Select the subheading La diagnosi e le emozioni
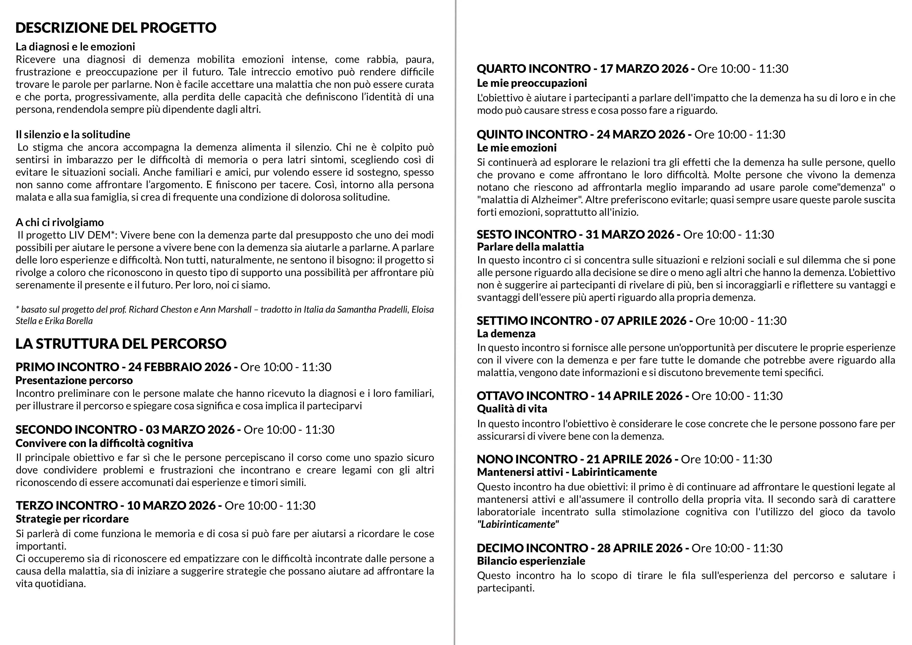click(75, 47)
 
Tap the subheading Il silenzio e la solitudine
click(73, 135)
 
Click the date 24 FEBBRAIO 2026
click(180, 367)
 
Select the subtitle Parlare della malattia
click(530, 247)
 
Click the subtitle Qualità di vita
click(512, 409)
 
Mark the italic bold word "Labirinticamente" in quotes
click(518, 524)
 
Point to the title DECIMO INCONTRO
click(532, 548)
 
